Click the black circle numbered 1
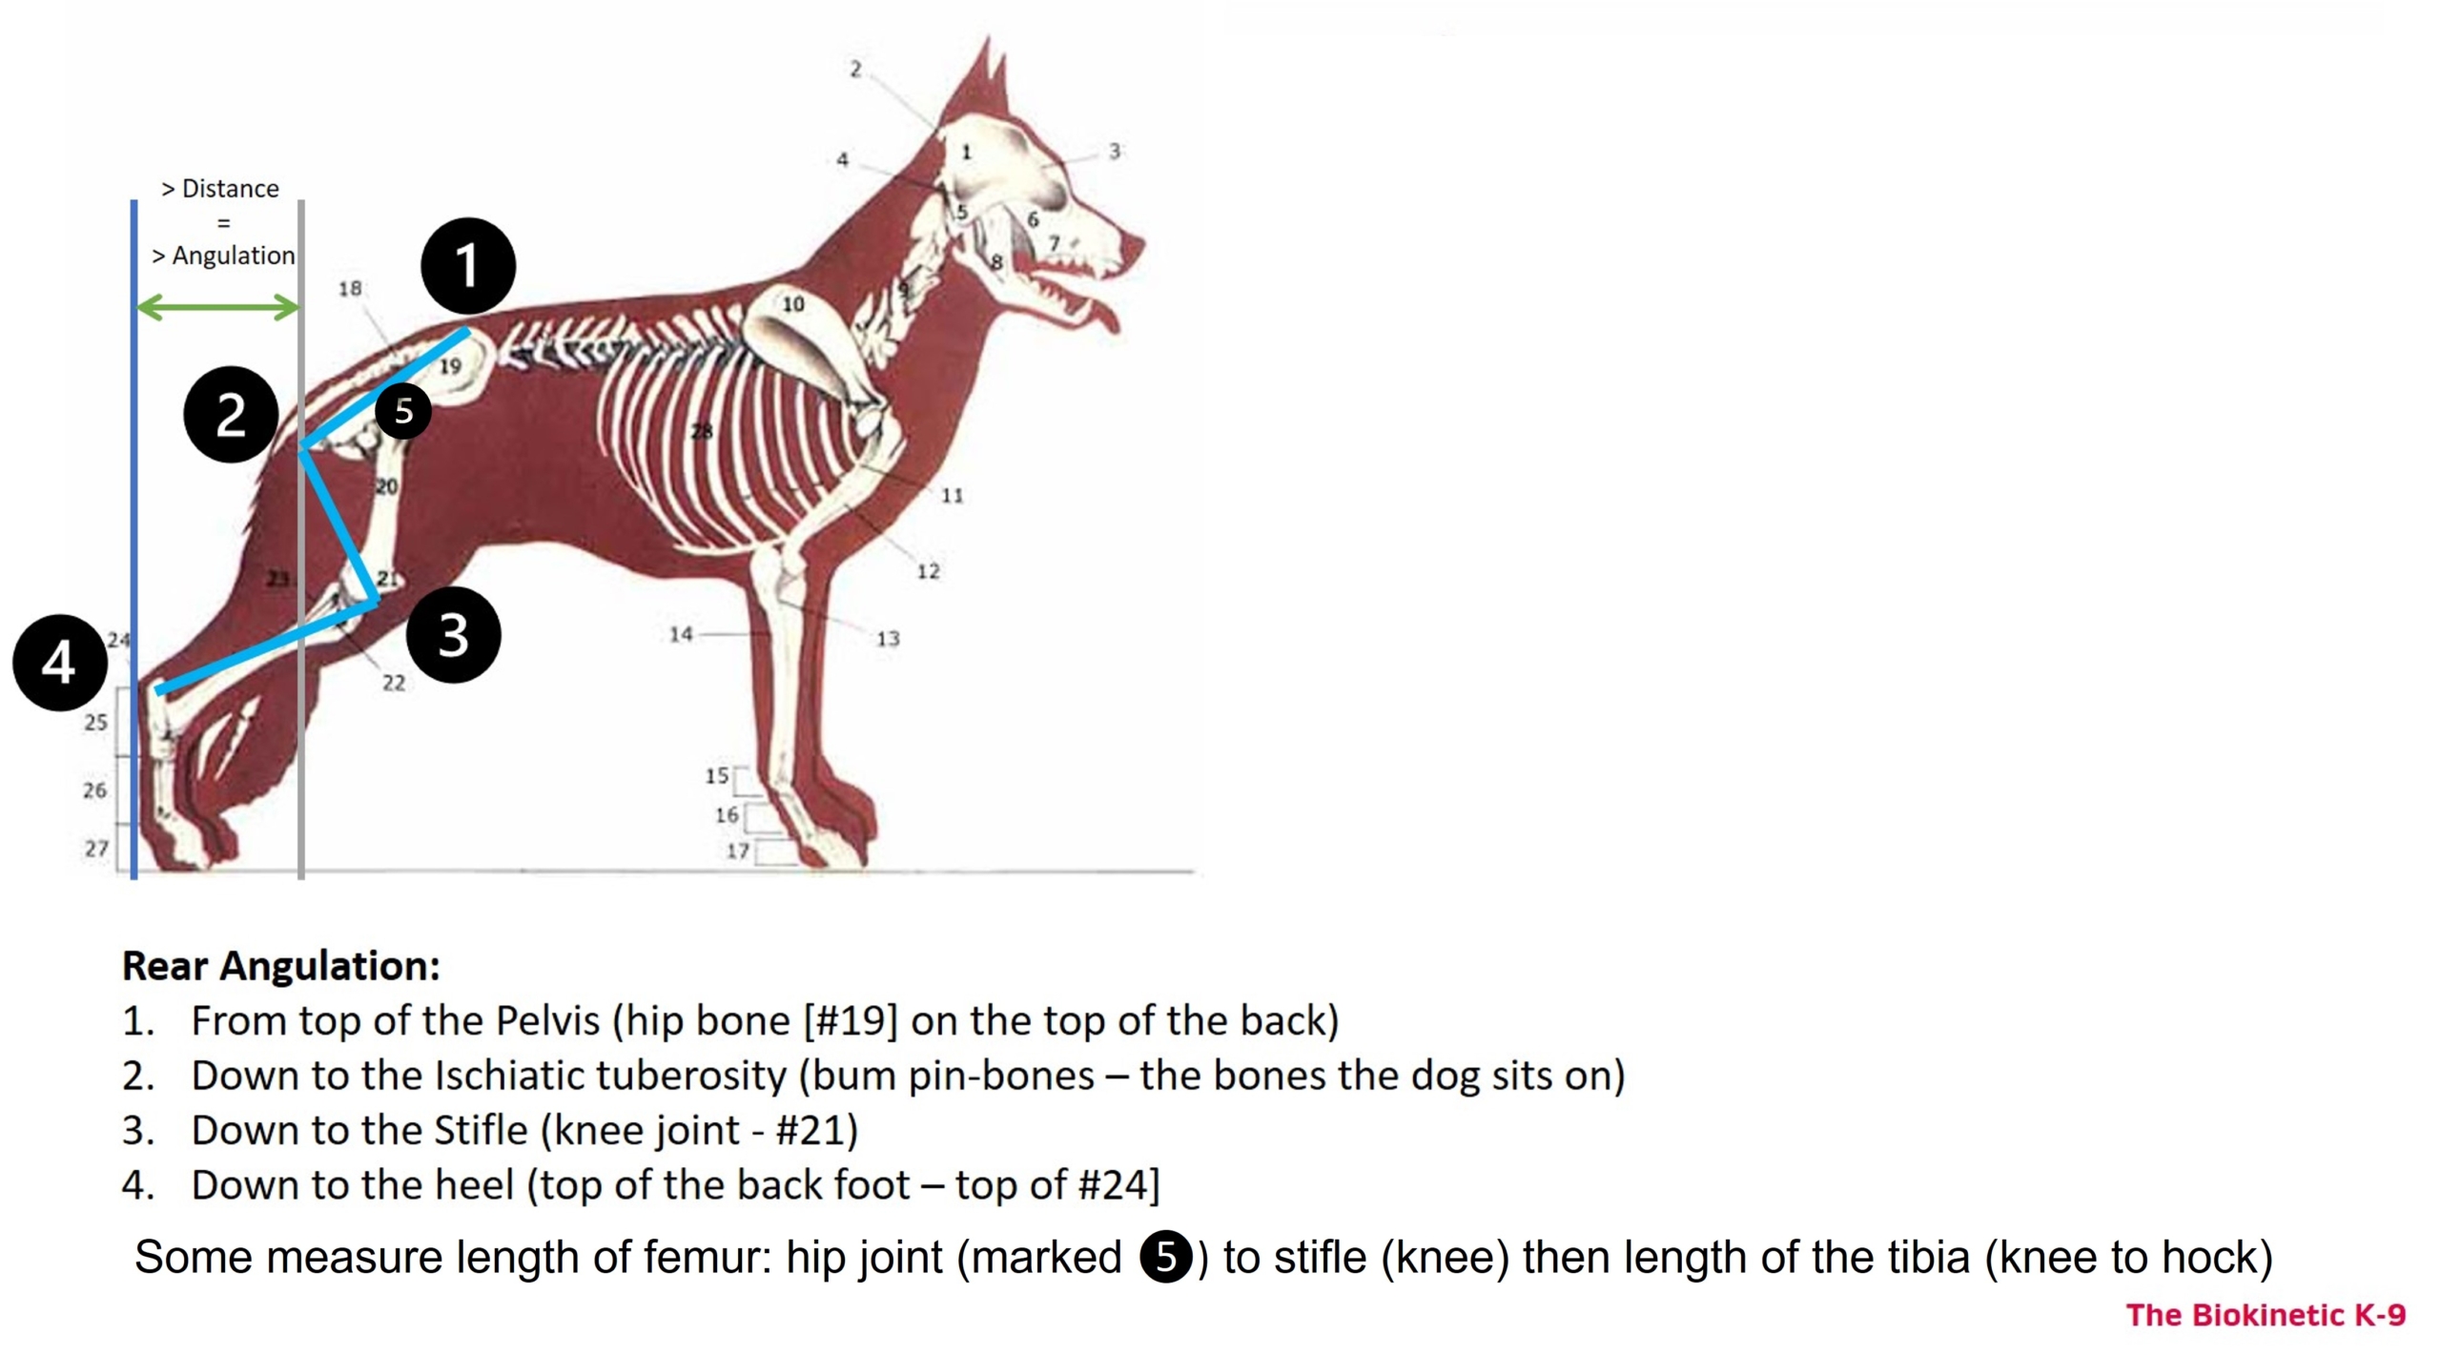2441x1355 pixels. point(467,266)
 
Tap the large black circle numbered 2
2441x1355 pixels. point(231,415)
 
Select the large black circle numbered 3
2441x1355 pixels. point(453,634)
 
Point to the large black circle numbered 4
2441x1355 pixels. point(59,663)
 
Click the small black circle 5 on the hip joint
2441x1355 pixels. point(403,411)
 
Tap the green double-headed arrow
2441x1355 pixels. point(218,307)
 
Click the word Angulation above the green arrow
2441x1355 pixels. point(234,256)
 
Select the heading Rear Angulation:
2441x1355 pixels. point(281,965)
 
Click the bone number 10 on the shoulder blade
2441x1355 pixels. point(793,304)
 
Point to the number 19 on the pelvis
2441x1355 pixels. point(450,365)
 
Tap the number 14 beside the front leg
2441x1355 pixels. point(681,634)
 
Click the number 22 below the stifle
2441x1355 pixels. point(394,683)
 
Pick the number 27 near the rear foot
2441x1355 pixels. point(96,848)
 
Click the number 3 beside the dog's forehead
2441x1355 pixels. point(1115,151)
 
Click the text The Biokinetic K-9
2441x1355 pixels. point(2266,1315)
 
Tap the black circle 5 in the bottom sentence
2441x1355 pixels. point(1166,1257)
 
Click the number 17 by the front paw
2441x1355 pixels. point(738,851)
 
